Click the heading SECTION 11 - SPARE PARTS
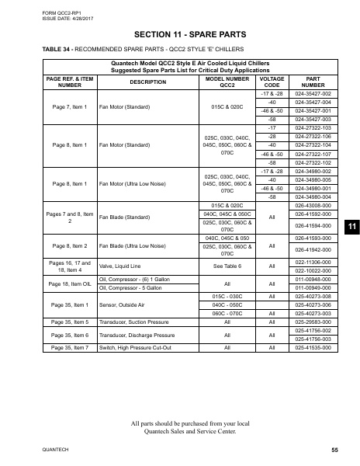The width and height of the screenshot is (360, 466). click(179, 35)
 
